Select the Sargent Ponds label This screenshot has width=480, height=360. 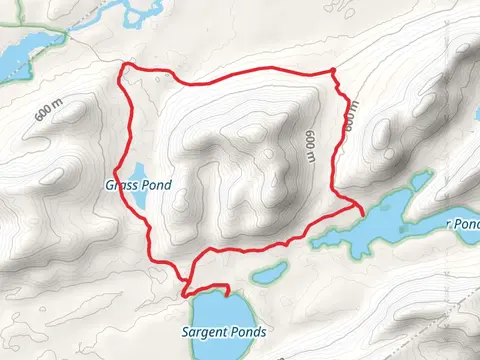tap(212, 331)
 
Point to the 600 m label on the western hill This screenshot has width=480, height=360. tap(46, 111)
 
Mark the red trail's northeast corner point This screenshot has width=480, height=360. tap(333, 69)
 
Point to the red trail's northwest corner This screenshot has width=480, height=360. tap(123, 66)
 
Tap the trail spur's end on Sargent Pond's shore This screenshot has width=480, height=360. tap(229, 291)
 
